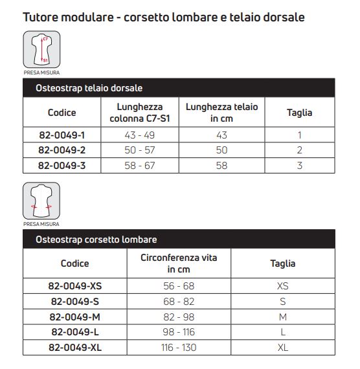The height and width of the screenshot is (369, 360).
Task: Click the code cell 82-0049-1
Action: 62,135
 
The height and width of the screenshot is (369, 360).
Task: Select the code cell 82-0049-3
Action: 62,165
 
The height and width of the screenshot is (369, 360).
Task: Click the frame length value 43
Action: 221,135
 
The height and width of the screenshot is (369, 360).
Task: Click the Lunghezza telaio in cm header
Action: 221,113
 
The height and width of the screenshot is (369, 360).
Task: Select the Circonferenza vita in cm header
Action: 179,263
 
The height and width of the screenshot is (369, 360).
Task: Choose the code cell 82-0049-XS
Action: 75,285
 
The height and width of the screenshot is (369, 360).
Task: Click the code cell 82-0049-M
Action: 75,317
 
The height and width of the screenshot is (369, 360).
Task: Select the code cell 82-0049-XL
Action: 75,348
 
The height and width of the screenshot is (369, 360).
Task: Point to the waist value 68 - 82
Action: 179,301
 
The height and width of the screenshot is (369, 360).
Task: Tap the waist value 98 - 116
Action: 179,332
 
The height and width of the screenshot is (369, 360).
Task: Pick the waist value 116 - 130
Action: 179,348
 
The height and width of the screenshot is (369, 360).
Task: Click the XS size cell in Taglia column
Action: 283,285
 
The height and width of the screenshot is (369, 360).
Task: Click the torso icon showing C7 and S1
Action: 41,50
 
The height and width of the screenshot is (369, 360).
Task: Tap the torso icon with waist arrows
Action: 41,201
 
